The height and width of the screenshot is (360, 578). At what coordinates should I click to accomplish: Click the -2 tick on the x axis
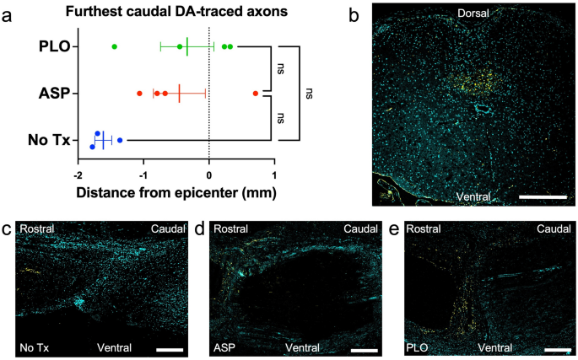[x=76, y=175]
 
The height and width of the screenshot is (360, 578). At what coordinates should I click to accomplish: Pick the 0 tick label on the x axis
[x=209, y=175]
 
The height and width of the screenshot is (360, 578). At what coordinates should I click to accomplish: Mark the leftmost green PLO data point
[x=114, y=46]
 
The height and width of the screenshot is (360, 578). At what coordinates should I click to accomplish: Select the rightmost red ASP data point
[x=256, y=93]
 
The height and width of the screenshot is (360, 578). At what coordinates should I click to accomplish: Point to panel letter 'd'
[x=199, y=228]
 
